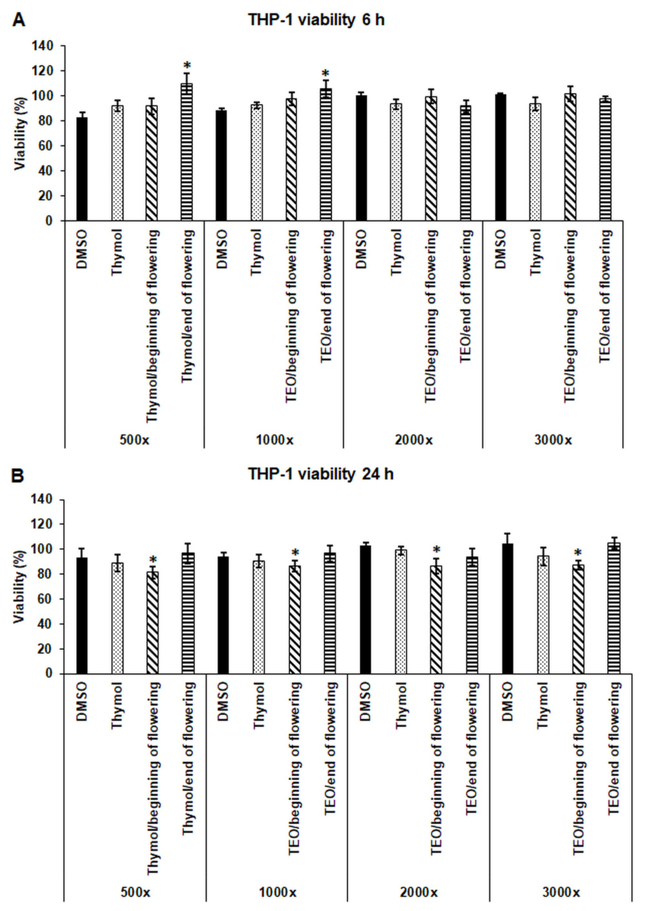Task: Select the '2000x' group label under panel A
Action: pos(413,440)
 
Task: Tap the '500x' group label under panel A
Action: pos(135,440)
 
